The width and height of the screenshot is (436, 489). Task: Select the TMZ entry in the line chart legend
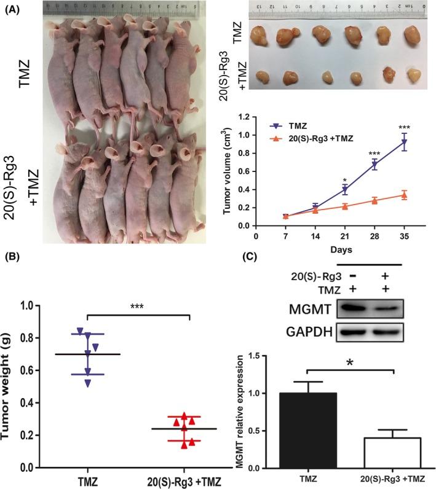tap(295, 125)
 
